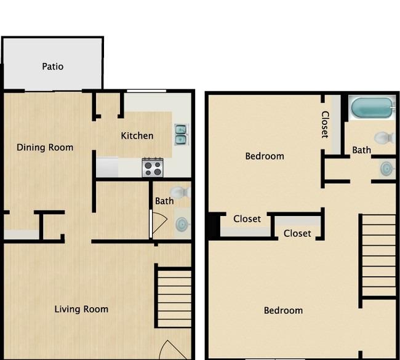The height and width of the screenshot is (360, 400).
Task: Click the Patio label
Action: [52, 66]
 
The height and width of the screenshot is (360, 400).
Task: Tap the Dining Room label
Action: [45, 148]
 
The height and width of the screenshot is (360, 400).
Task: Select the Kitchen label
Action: [137, 136]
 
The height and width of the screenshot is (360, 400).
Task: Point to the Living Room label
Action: [81, 309]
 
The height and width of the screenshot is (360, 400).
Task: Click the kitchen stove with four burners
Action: [153, 167]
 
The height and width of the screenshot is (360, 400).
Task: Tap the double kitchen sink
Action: [181, 134]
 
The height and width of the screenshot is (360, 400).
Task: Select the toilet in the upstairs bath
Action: [385, 138]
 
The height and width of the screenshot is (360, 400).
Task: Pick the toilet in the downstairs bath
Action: [180, 193]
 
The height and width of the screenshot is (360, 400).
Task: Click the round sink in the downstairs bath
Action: [182, 224]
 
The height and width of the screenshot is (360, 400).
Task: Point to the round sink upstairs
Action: [388, 169]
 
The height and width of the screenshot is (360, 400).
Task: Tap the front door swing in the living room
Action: [173, 350]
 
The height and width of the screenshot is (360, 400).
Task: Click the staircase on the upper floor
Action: [378, 255]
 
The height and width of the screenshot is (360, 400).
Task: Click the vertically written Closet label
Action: [325, 124]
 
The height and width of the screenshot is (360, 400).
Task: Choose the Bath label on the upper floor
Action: [361, 150]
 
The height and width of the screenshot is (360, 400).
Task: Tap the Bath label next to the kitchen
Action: [164, 201]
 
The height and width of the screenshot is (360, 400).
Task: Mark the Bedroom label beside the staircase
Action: [283, 311]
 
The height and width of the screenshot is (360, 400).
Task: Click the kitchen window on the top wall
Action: [146, 91]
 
